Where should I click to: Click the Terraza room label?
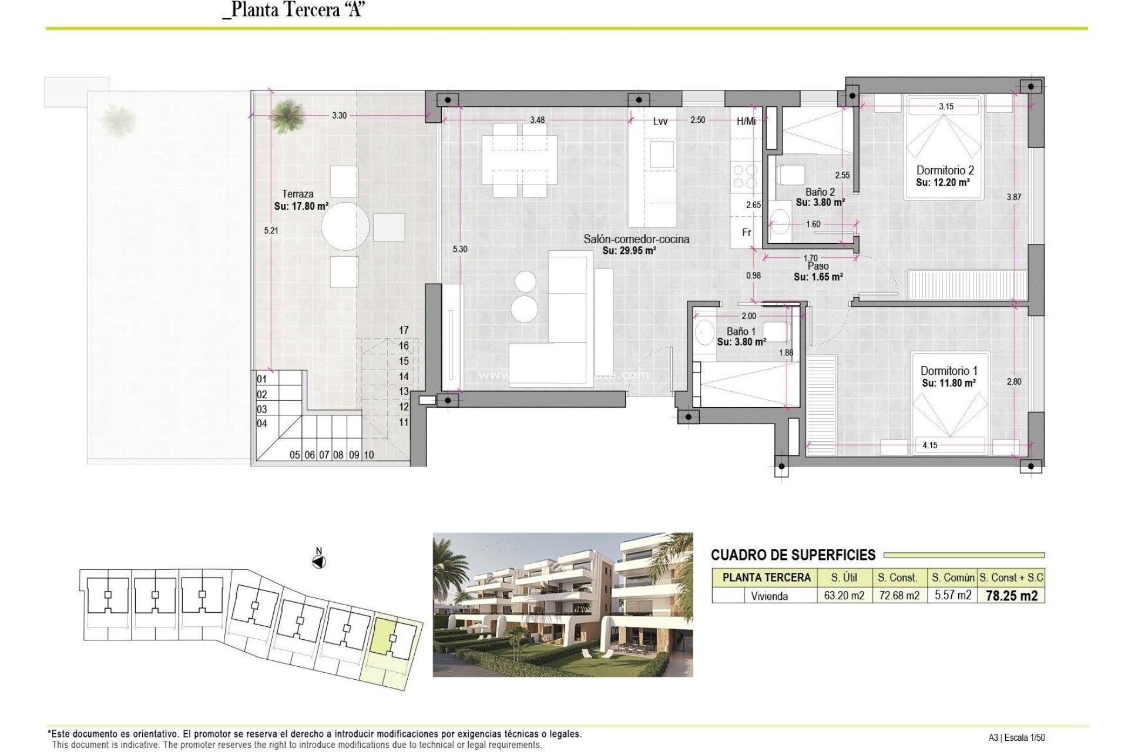(x=297, y=194)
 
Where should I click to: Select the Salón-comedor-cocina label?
(x=636, y=239)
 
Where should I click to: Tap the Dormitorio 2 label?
(x=945, y=170)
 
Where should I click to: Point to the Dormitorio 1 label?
(x=949, y=371)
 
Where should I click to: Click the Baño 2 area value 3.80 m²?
(x=820, y=203)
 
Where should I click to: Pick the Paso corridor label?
(x=818, y=266)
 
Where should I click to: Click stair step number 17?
(x=404, y=330)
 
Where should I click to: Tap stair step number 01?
(x=262, y=380)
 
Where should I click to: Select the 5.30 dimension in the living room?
(x=460, y=249)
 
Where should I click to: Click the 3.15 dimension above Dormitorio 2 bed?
(x=946, y=106)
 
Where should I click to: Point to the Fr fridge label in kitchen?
(x=746, y=233)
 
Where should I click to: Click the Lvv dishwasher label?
(x=660, y=122)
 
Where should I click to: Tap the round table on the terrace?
(x=345, y=226)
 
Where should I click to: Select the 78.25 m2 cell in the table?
(x=1011, y=596)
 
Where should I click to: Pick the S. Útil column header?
(x=844, y=578)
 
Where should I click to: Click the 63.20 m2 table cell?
(x=844, y=596)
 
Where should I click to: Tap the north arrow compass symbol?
(x=318, y=562)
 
